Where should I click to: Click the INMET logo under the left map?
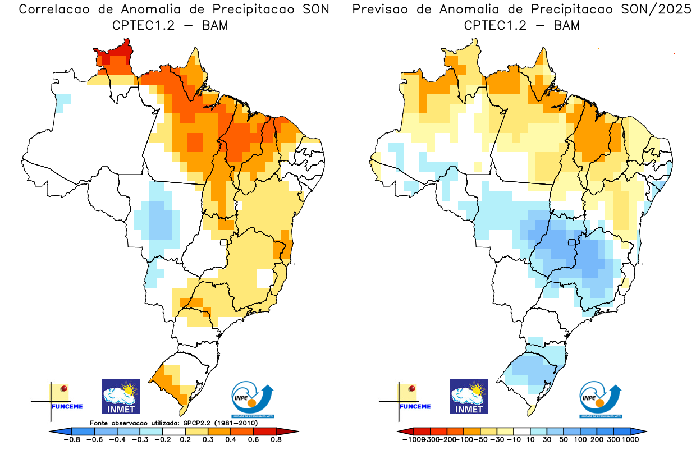coord(120,396)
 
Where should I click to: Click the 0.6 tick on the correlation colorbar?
coord(253,439)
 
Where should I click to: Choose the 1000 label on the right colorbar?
coord(630,439)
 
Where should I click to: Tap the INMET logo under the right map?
coord(469,396)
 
